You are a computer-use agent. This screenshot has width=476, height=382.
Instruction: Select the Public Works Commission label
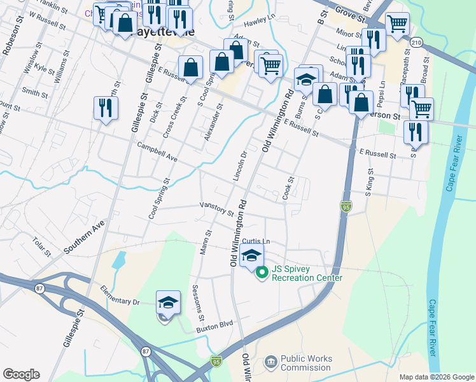tap(306, 363)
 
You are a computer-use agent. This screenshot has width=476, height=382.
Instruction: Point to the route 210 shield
tap(416, 42)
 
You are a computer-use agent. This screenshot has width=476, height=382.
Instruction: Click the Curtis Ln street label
tap(256, 241)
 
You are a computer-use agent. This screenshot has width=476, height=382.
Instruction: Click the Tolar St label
tap(43, 247)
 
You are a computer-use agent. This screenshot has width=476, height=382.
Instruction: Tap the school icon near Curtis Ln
tap(252, 256)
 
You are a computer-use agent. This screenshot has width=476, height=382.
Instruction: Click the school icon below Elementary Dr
tap(168, 303)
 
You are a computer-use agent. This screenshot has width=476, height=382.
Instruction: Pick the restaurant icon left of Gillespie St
tap(105, 108)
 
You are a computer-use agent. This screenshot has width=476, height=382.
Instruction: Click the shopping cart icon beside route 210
tap(397, 24)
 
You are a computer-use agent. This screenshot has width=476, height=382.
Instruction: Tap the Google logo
tap(21, 374)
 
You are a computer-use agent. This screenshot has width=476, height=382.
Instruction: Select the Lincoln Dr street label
tap(239, 166)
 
